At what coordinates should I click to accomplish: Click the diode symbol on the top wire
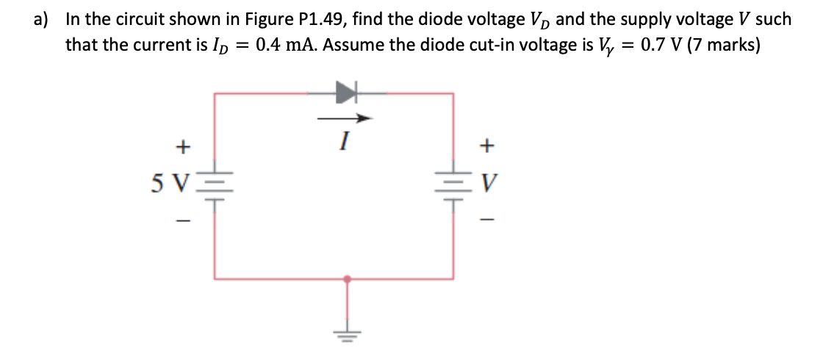tap(346, 93)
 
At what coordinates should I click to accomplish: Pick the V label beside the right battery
tap(486, 180)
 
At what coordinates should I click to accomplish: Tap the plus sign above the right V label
tap(485, 147)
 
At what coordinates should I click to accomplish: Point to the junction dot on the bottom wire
tap(346, 279)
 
